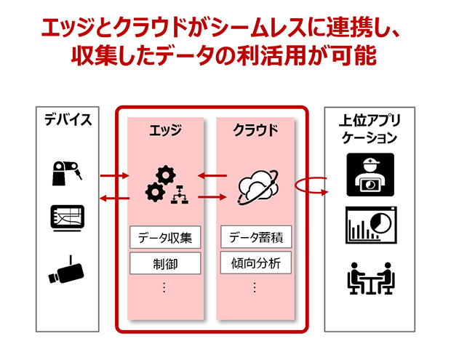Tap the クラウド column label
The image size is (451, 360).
[x=255, y=131]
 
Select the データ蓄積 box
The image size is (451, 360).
[x=255, y=236]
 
